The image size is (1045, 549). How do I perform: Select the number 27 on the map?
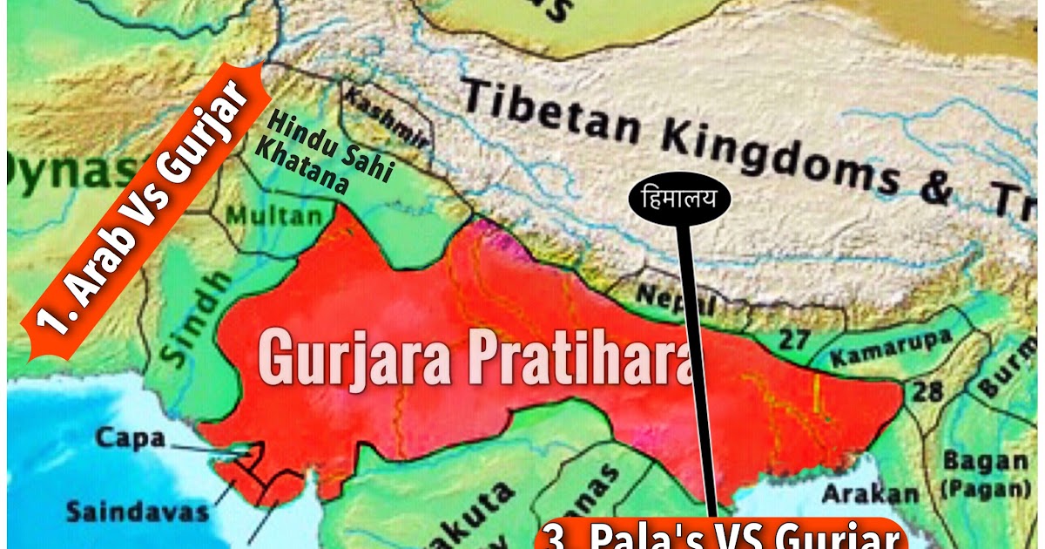click(x=793, y=339)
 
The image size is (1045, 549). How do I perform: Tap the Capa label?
click(x=130, y=437)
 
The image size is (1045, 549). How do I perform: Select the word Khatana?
click(x=301, y=166)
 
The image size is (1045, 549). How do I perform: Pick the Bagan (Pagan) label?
click(x=984, y=471)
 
